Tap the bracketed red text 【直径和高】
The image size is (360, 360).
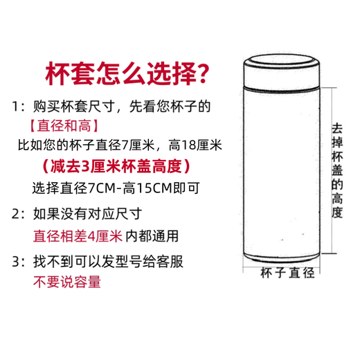tap(64, 126)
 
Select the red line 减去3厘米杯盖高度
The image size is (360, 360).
tap(115, 167)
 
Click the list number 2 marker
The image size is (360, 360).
tap(16, 213)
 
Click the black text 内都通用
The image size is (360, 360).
tap(152, 235)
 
